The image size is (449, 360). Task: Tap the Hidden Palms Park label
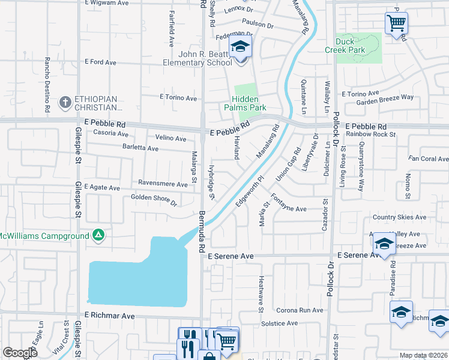249,103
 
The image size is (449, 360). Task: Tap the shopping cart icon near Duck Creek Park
396,23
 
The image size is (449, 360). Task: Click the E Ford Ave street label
100,62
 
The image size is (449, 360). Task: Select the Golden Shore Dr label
154,199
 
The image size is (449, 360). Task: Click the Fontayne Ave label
288,205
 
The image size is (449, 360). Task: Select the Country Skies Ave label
399,217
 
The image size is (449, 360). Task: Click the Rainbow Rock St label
370,134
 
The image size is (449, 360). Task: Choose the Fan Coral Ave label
428,159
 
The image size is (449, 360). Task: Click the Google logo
20,353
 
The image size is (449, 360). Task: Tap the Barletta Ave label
142,147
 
